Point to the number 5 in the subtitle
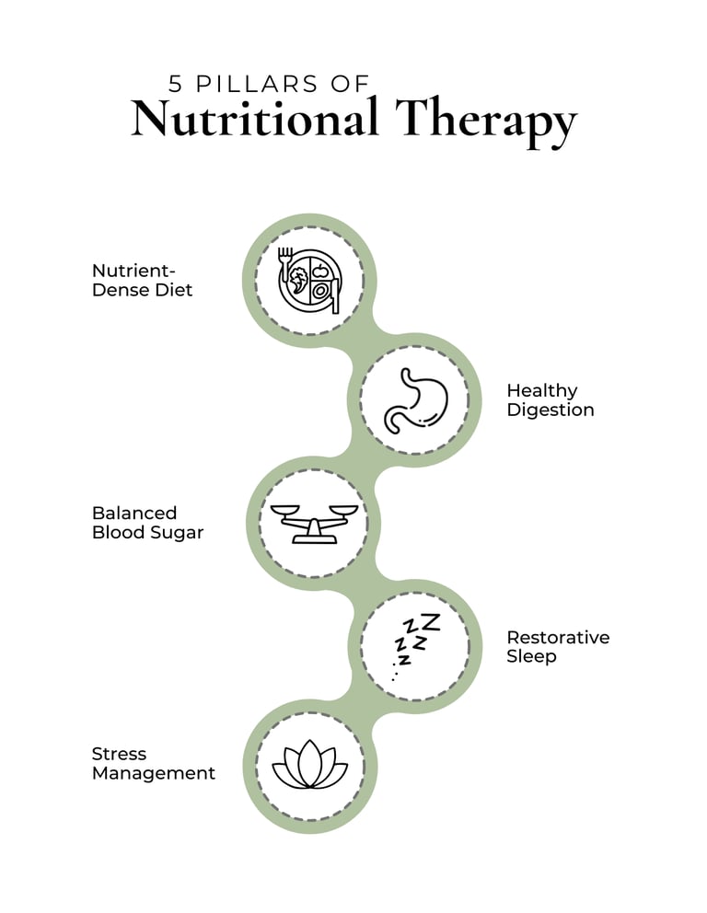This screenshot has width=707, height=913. tap(176, 84)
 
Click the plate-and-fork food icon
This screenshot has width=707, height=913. tap(310, 279)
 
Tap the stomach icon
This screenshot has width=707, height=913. tap(414, 399)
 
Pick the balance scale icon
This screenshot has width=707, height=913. tap(310, 522)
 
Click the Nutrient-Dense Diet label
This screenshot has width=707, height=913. tap(142, 280)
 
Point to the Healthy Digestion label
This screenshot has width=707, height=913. tap(550, 400)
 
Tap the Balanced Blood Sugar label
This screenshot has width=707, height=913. tap(147, 523)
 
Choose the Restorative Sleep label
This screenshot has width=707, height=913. tap(557, 646)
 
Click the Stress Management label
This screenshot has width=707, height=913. tap(153, 764)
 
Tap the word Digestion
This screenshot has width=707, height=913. tap(550, 410)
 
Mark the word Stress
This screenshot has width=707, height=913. tap(119, 754)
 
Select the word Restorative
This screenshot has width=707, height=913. tap(557, 637)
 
